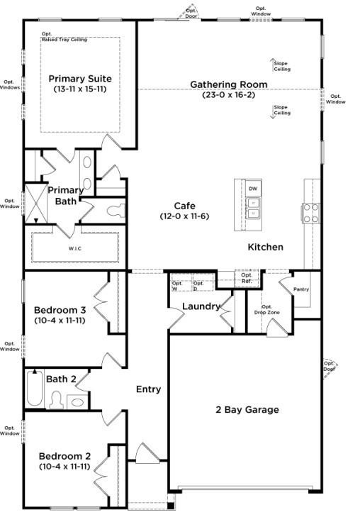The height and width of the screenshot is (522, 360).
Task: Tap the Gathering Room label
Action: [228, 84]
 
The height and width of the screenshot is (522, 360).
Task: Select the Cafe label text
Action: [179, 206]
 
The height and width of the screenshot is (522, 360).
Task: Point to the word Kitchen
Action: [265, 248]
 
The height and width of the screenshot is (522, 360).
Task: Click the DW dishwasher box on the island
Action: [253, 188]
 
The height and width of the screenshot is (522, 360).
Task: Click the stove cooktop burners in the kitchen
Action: [311, 212]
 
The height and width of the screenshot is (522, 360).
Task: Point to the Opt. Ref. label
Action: [247, 279]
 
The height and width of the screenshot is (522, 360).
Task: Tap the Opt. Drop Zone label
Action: [262, 309]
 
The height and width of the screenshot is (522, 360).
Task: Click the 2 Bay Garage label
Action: [247, 410]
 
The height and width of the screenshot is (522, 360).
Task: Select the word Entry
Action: [148, 389]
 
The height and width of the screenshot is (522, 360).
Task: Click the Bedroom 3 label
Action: [60, 310]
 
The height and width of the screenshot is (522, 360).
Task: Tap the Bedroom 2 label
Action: [64, 456]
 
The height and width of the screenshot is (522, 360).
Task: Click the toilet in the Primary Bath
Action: [116, 210]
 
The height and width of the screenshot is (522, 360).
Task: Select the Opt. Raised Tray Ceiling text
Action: [64, 38]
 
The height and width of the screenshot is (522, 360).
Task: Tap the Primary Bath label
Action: [65, 196]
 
